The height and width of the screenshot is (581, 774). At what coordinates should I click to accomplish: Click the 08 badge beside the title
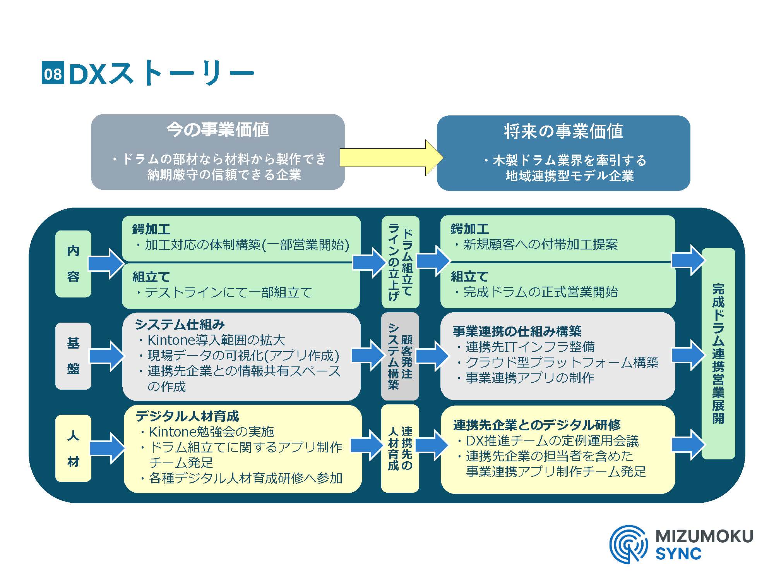click(52, 73)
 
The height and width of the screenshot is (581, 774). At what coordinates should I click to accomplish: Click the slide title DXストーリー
click(161, 73)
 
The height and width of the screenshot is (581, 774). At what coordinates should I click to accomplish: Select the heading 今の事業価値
click(217, 130)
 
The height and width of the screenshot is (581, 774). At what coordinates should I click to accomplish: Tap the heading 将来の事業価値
click(563, 132)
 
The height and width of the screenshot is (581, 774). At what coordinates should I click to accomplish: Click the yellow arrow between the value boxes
click(391, 158)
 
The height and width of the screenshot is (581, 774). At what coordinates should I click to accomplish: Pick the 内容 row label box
click(73, 264)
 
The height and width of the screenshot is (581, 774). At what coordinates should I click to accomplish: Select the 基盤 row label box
click(73, 356)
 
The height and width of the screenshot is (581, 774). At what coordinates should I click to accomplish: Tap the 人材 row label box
click(73, 448)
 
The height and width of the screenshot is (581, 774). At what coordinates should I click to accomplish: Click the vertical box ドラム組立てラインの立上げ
click(400, 262)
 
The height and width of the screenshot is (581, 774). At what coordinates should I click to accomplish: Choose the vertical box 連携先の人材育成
click(400, 448)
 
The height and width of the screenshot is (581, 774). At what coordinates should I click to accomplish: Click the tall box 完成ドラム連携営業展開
click(718, 353)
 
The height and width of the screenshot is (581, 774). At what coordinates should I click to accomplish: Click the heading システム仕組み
click(180, 325)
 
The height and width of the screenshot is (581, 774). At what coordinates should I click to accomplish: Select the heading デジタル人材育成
click(187, 416)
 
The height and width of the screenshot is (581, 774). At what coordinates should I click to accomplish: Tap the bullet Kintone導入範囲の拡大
click(216, 340)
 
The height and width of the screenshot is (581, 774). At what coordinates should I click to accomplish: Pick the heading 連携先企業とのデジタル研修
click(537, 425)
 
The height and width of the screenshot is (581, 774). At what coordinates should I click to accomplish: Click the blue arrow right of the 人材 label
click(107, 448)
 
